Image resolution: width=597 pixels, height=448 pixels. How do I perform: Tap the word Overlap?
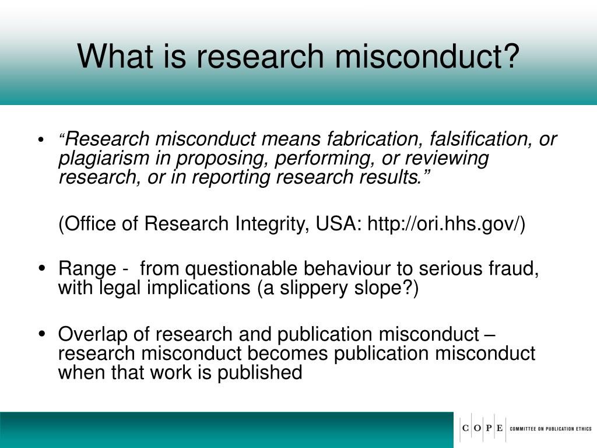click(92, 335)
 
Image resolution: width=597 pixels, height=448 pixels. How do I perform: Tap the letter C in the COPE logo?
click(466, 429)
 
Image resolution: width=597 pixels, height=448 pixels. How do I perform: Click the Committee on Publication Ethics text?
click(551, 429)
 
